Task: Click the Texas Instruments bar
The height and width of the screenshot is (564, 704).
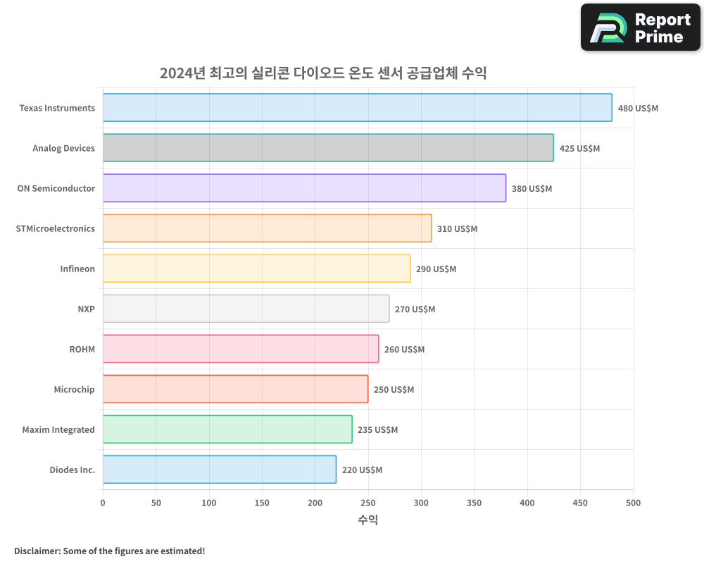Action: point(358,108)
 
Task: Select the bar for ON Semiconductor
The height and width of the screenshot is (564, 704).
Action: point(304,188)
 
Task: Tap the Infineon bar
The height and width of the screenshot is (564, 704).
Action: point(256,269)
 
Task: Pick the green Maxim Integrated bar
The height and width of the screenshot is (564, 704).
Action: point(227,429)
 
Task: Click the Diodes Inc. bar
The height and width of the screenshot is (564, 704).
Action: point(220,470)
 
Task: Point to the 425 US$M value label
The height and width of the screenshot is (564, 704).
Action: point(579,149)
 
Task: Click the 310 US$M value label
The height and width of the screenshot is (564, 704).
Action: point(457,229)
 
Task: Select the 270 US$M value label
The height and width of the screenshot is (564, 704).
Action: point(415,309)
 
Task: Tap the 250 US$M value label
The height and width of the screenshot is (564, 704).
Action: point(394,390)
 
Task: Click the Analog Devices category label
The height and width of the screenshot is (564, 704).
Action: point(63,148)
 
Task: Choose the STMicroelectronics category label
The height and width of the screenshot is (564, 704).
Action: point(55,228)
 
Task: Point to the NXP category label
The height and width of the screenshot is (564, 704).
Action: point(87,309)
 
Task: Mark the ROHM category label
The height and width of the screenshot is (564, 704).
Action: point(82,349)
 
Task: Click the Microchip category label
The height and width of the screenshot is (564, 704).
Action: point(74,389)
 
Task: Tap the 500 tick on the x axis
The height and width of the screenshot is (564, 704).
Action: point(634,503)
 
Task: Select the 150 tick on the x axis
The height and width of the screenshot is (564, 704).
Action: point(262,503)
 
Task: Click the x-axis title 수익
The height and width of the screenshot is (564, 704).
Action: point(367,520)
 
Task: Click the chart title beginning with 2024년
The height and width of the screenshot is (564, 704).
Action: point(323,73)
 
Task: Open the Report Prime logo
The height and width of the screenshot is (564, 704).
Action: point(640,27)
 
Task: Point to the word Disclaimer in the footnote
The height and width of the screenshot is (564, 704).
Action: point(37,551)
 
